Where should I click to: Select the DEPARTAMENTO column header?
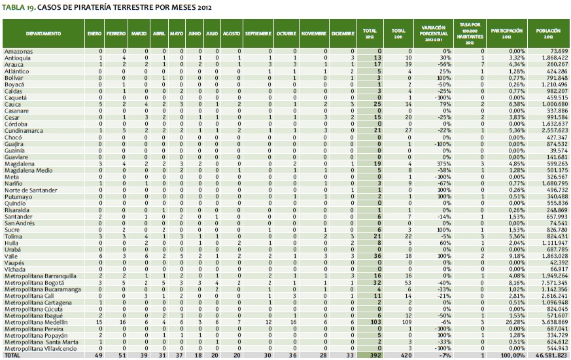coord(44,32)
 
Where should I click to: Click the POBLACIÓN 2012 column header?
coord(546,32)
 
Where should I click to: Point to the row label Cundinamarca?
coord(24,131)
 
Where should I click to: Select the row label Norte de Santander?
coord(31,190)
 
